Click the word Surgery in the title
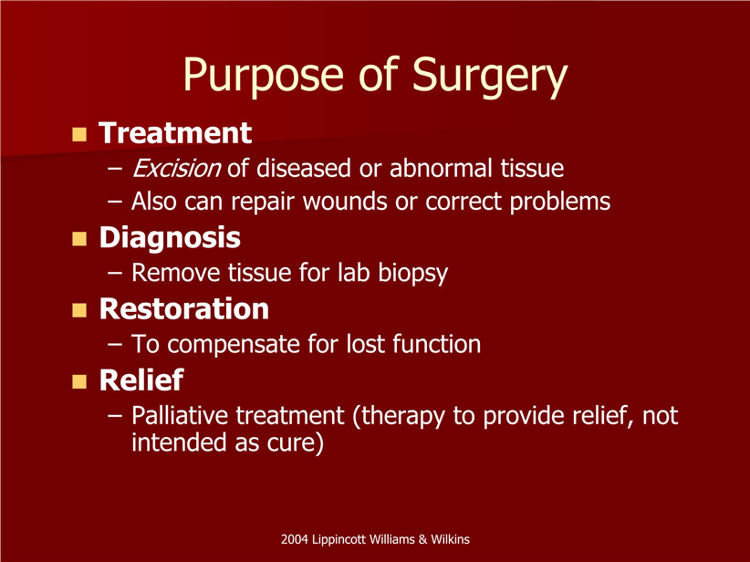(489, 76)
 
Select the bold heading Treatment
(175, 132)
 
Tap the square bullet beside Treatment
(79, 134)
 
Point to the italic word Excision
(176, 168)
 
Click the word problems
(559, 202)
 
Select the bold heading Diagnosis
(170, 238)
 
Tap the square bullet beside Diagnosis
(79, 239)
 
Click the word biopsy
(412, 273)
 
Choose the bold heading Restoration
(184, 309)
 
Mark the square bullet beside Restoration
(79, 310)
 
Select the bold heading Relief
(141, 380)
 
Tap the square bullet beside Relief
(79, 381)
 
